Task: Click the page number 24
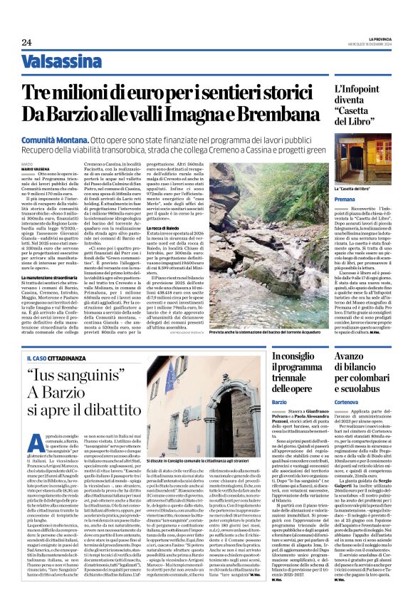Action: (x=26, y=43)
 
